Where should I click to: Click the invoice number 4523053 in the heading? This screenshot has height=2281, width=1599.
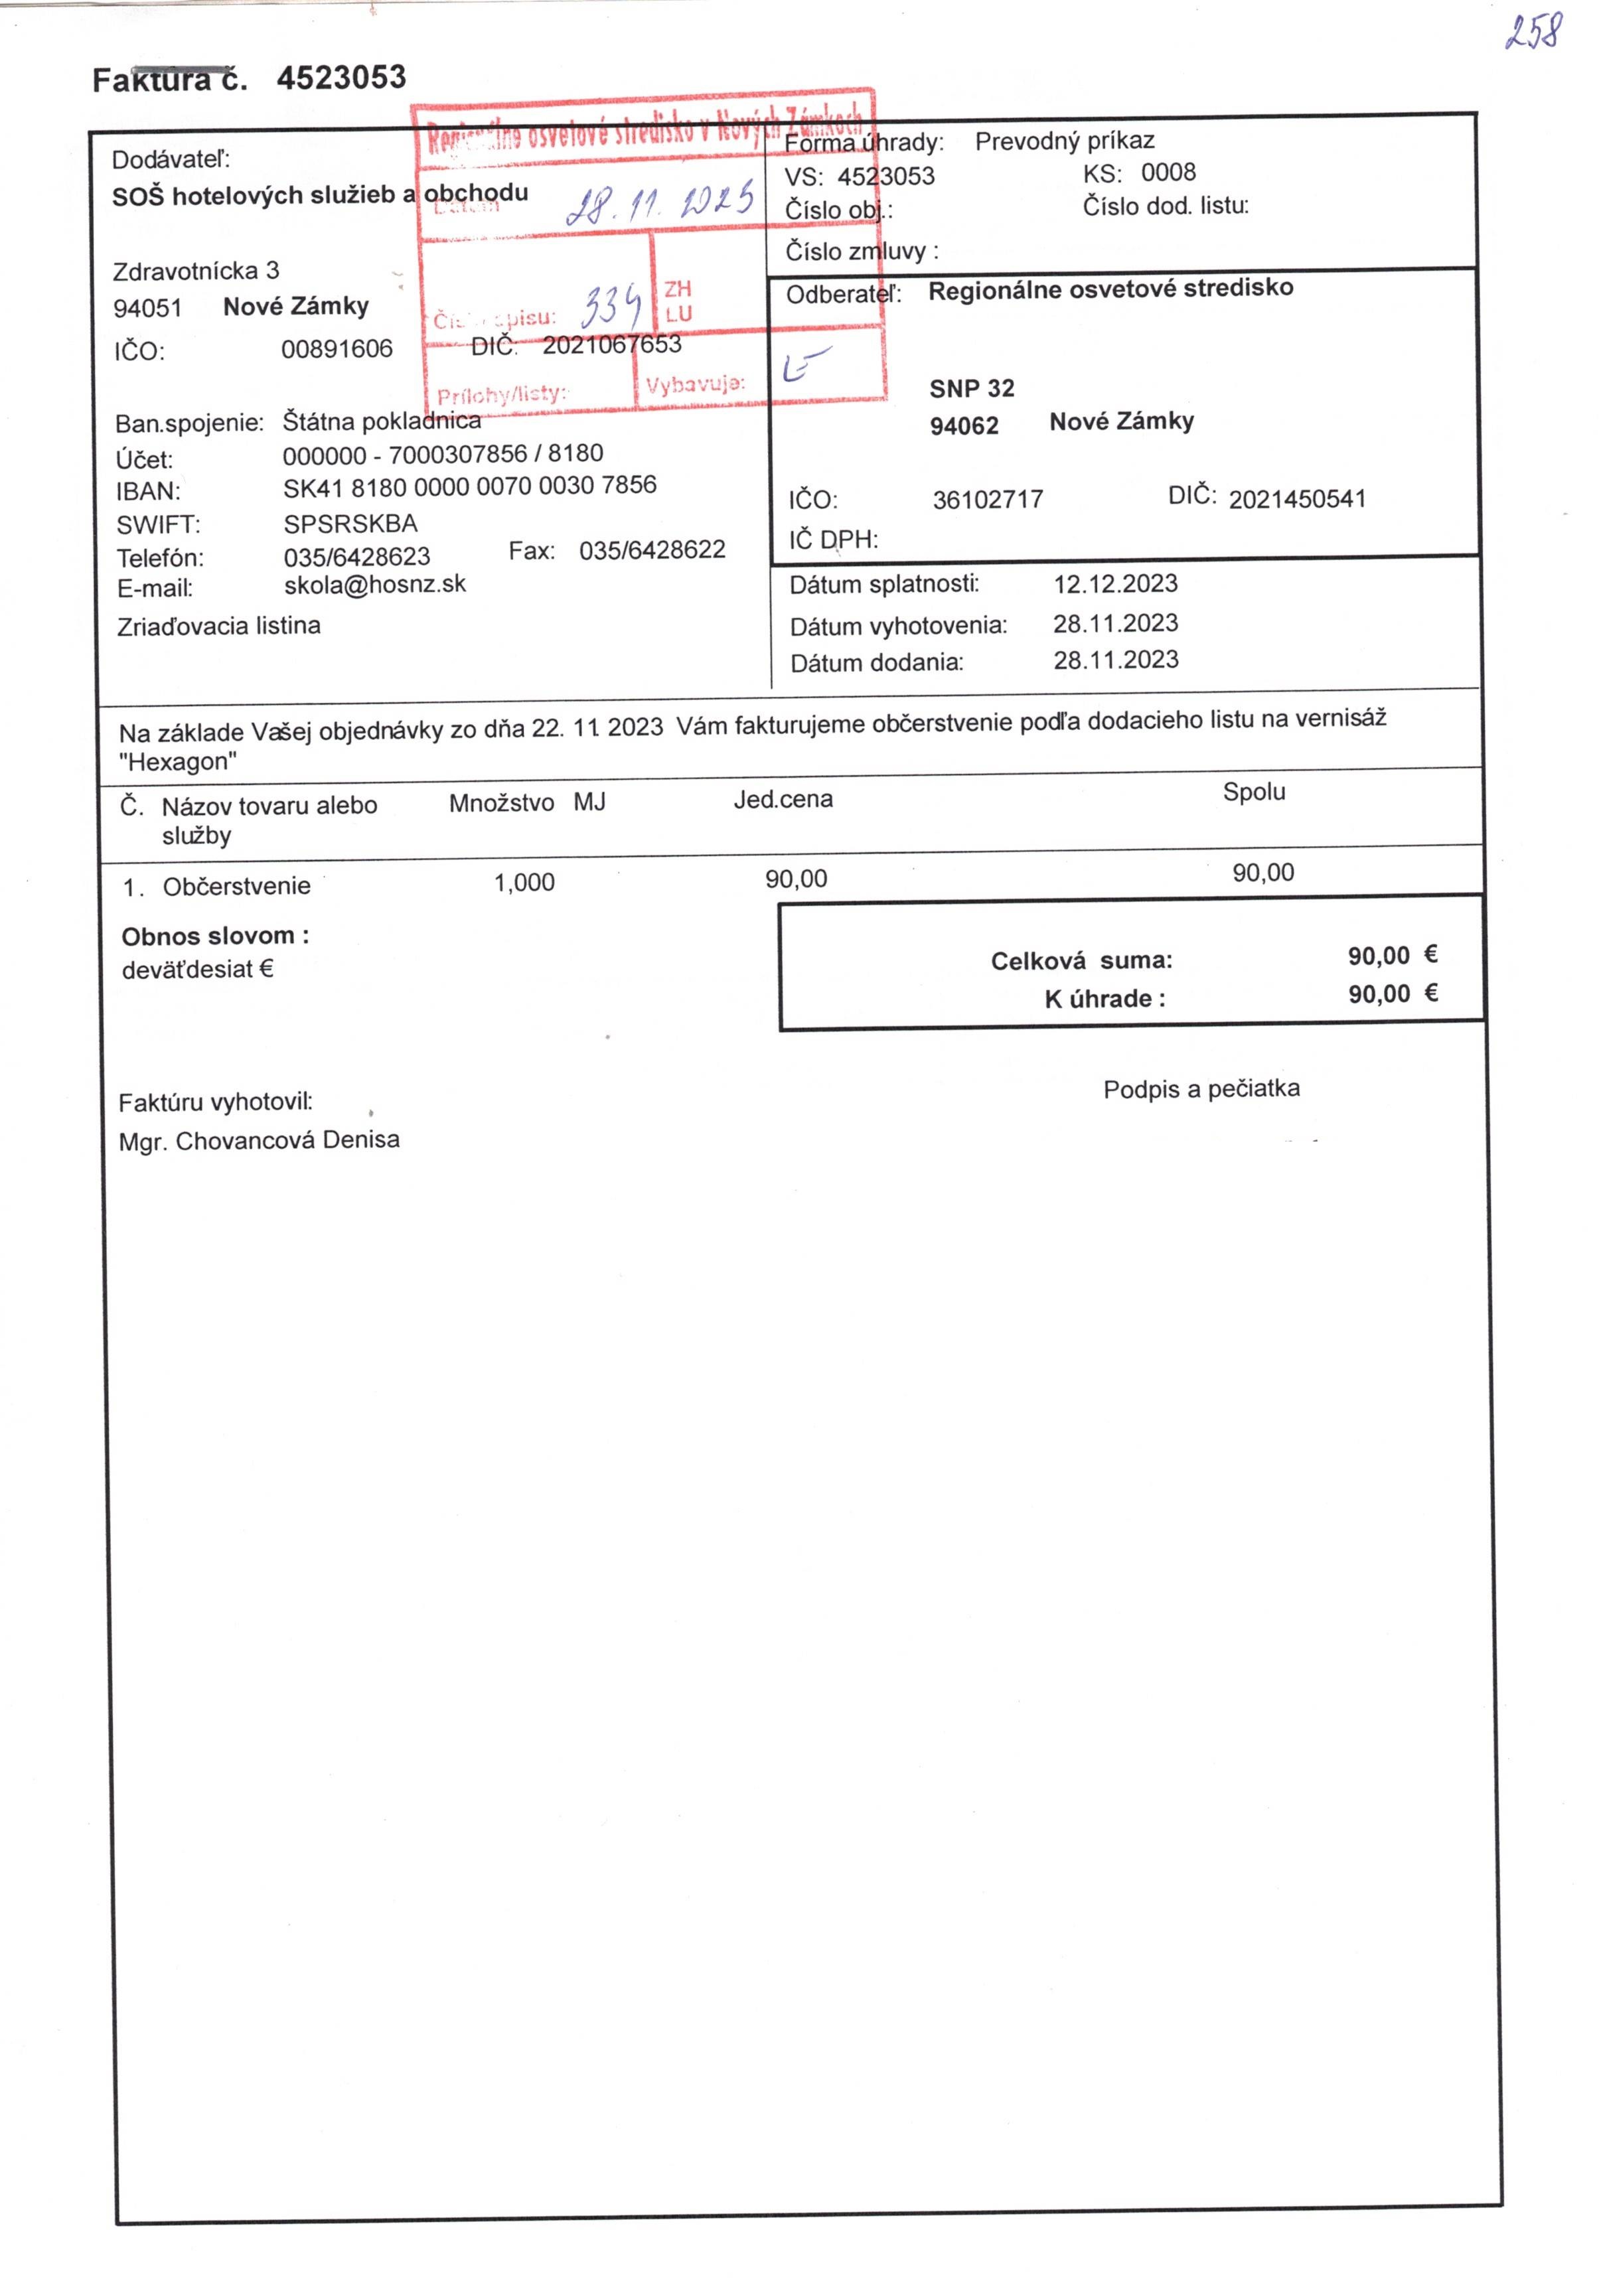pyautogui.click(x=341, y=78)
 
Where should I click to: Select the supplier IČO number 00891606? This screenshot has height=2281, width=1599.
pyautogui.click(x=337, y=348)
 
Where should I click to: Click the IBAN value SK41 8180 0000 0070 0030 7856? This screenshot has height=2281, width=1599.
pyautogui.click(x=469, y=486)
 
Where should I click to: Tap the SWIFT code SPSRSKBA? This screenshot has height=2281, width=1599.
pyautogui.click(x=350, y=524)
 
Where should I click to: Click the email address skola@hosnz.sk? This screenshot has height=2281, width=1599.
pyautogui.click(x=374, y=584)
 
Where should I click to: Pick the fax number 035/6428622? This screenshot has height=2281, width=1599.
pyautogui.click(x=652, y=550)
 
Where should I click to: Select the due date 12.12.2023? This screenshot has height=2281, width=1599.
pyautogui.click(x=1115, y=583)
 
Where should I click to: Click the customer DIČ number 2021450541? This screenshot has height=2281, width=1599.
pyautogui.click(x=1297, y=498)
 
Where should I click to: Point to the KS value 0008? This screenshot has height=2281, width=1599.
pyautogui.click(x=1168, y=173)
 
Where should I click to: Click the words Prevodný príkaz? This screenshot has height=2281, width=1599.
pyautogui.click(x=1065, y=141)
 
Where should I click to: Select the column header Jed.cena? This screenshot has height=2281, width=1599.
pyautogui.click(x=783, y=800)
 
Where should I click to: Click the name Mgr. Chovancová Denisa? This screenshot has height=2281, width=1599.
pyautogui.click(x=258, y=1140)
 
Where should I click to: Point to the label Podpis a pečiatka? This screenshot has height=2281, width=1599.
pyautogui.click(x=1201, y=1089)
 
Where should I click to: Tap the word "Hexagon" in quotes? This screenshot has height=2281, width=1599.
pyautogui.click(x=178, y=762)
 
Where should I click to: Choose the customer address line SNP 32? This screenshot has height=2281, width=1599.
pyautogui.click(x=972, y=388)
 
